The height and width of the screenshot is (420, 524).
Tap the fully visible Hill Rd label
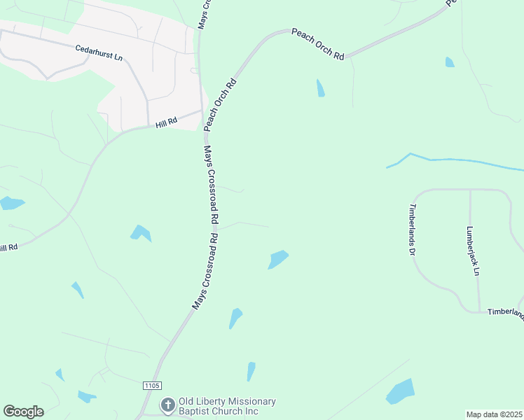pos(167,122)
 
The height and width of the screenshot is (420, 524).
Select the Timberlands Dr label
pos(412,230)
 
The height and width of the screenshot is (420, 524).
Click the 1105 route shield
pos(152,386)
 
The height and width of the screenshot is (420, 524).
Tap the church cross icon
pos(167,405)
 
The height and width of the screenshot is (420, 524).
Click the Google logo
pos(23,412)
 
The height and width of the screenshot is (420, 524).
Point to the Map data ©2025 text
pos(494,414)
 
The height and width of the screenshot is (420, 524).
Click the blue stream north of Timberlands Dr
pos(455,161)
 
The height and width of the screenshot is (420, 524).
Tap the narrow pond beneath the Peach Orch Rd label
pos(320,87)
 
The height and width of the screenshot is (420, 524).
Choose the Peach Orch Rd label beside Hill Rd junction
pos(221,105)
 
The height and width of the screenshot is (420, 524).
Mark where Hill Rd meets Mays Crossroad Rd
pos(202,111)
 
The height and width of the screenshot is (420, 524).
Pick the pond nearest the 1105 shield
pos(87,395)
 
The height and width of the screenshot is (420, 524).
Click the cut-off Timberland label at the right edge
pos(505,312)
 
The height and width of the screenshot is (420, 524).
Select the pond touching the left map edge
pos(11,204)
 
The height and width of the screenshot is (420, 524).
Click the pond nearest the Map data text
pos(401,393)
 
